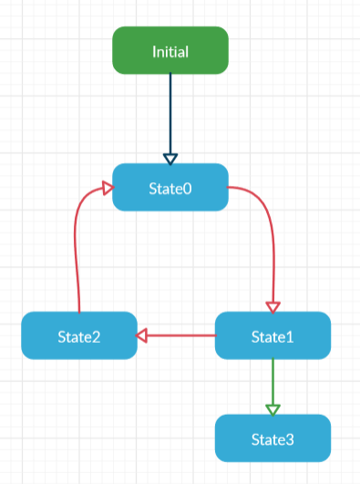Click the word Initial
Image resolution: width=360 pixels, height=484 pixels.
[x=170, y=51]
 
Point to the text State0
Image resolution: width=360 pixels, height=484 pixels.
[x=170, y=188]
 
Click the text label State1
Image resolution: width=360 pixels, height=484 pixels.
[x=273, y=336]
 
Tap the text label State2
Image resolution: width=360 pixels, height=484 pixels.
[x=79, y=336]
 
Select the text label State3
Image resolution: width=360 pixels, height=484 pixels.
[x=273, y=439]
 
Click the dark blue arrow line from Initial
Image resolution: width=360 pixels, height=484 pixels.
[x=170, y=109]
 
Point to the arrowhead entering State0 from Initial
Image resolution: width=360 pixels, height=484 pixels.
[x=170, y=158]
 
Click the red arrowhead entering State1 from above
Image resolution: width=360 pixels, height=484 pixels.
[x=273, y=306]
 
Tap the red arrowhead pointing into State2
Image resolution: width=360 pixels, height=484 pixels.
[x=142, y=335]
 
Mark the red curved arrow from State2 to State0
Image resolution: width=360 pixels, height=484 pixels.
[x=76, y=246]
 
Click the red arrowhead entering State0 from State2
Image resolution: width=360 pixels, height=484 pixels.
[x=107, y=189]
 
